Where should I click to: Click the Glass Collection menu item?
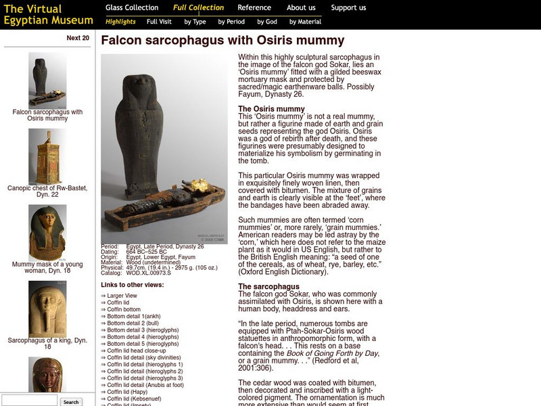[x=132, y=8]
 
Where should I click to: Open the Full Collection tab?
[x=198, y=8]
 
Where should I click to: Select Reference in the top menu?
[x=254, y=8]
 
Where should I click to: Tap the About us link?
[x=301, y=8]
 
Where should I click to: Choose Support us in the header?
[x=348, y=8]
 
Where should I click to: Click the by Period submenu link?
[x=231, y=22]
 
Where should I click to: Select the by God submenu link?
[x=267, y=22]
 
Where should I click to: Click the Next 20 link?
[x=78, y=38]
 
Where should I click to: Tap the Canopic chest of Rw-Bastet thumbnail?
[x=47, y=156]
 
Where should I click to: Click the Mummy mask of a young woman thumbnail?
[x=47, y=232]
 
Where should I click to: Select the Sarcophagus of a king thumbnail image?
[x=47, y=309]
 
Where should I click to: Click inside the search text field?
[x=30, y=401]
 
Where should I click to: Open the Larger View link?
[x=122, y=296]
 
